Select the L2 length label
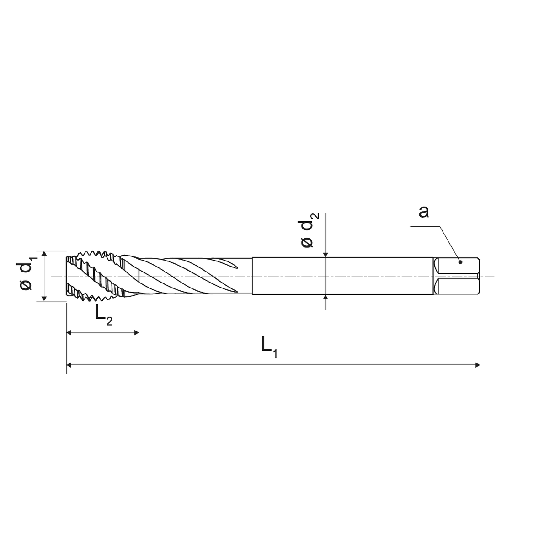click(x=104, y=316)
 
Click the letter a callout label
click(x=424, y=212)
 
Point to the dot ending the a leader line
click(x=460, y=262)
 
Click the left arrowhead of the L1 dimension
click(x=69, y=365)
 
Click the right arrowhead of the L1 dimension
click(x=477, y=365)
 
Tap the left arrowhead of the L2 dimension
click(x=69, y=333)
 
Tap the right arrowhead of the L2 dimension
click(x=137, y=333)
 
